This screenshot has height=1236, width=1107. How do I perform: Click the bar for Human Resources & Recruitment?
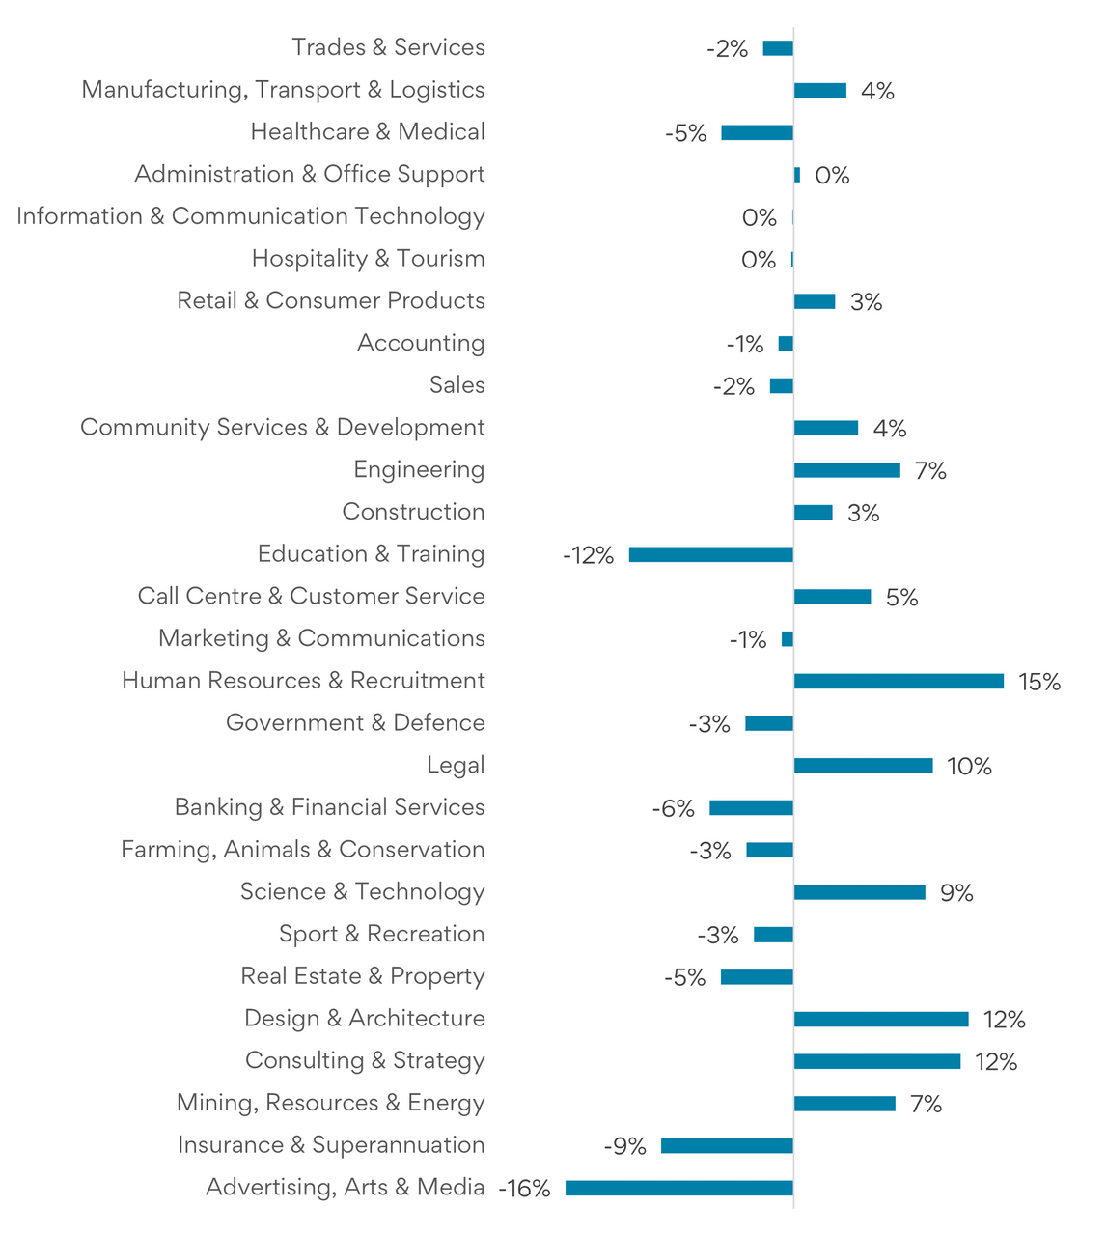point(899,682)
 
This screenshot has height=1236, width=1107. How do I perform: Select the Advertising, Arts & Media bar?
point(679,1188)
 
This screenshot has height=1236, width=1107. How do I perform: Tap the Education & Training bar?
point(711,554)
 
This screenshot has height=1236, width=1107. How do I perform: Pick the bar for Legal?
point(864,766)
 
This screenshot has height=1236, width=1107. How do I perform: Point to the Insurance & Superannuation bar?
point(728,1146)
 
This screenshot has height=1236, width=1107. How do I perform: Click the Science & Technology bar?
point(860,892)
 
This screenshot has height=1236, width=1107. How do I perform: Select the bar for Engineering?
point(847,470)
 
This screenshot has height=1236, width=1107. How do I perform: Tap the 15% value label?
point(1039,683)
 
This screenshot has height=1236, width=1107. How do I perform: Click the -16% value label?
point(524,1189)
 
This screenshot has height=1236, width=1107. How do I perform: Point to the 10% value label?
point(969,767)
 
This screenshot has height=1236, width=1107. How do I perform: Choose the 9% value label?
point(956,893)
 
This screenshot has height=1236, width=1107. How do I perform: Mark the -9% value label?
point(624,1146)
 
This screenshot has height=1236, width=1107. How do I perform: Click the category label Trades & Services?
point(388,47)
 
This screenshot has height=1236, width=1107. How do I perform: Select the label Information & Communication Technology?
point(251,216)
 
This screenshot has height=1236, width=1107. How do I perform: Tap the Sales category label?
point(457,385)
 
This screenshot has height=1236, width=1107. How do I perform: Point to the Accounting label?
point(421,343)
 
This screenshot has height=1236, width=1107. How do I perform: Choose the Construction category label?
point(413,512)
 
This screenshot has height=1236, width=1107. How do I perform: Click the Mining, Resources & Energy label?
point(330,1103)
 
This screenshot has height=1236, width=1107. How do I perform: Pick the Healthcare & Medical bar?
point(758,133)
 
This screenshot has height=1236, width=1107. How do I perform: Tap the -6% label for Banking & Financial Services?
point(673,809)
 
